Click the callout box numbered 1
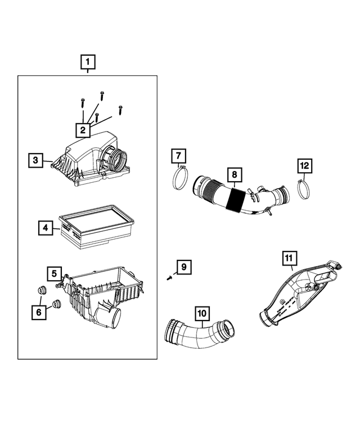88,61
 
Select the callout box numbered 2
83,130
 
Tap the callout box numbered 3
35,160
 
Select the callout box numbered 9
182,267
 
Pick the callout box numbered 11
288,258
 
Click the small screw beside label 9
169,277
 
